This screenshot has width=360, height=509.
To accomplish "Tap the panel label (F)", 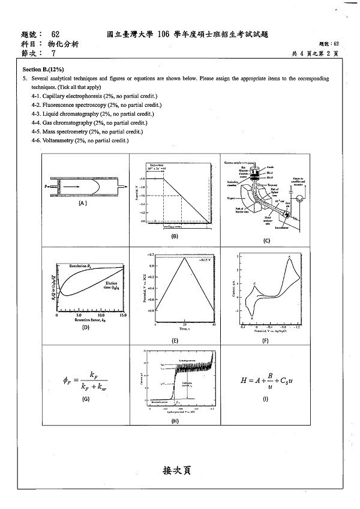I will pyautogui.click(x=265, y=341).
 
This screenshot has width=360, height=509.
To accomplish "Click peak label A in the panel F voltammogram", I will pyautogui.click(x=290, y=258).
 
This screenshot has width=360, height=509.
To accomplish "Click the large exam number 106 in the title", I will pyautogui.click(x=166, y=35).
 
